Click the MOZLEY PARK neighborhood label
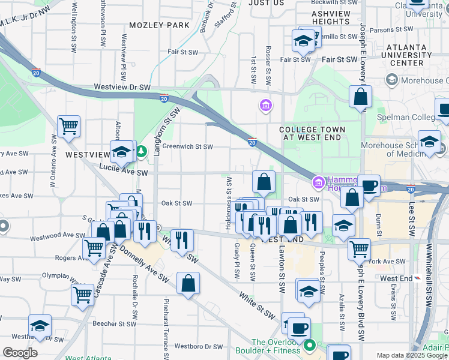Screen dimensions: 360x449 (x=159, y=25)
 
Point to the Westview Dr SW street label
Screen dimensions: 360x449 (x=122, y=88)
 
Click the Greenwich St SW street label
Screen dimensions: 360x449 (x=188, y=146)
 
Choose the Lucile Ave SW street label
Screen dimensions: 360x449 (x=123, y=173)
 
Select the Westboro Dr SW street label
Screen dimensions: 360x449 (x=201, y=347)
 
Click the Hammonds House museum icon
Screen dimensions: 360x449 (x=318, y=182)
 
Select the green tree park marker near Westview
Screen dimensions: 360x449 (x=141, y=151)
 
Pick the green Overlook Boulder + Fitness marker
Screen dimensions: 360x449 (x=310, y=345)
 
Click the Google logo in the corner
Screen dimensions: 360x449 (x=20, y=353)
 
